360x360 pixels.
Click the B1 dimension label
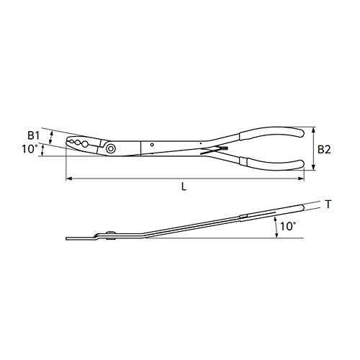tap(33, 136)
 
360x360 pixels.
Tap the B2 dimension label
tap(324, 150)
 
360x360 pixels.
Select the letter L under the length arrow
tap(184, 186)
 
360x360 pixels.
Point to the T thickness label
tap(328, 204)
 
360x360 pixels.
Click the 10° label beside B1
tap(29, 149)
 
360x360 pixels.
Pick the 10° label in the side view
tap(288, 226)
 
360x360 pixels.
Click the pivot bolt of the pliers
tap(111, 148)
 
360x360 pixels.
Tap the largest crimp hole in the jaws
tap(85, 144)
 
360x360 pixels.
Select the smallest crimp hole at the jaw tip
tap(71, 141)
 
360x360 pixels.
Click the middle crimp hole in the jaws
tap(78, 143)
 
